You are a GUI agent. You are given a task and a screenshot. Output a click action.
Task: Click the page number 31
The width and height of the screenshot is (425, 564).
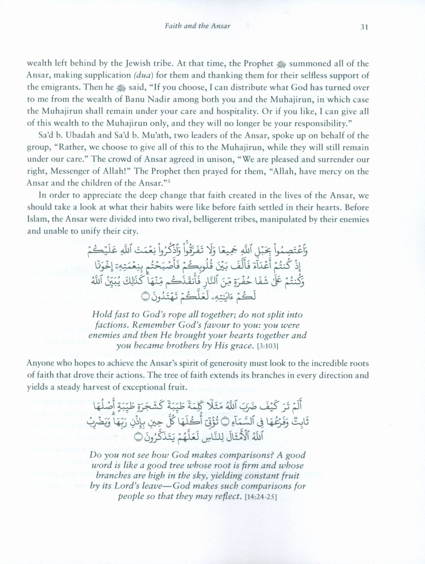tap(364, 27)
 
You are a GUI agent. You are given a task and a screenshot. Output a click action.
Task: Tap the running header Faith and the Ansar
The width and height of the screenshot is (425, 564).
tap(198, 26)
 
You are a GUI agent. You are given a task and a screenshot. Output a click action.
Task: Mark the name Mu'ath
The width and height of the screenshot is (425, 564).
tap(153, 135)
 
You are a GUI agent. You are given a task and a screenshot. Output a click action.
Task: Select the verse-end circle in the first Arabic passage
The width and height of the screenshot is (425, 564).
tap(144, 297)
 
